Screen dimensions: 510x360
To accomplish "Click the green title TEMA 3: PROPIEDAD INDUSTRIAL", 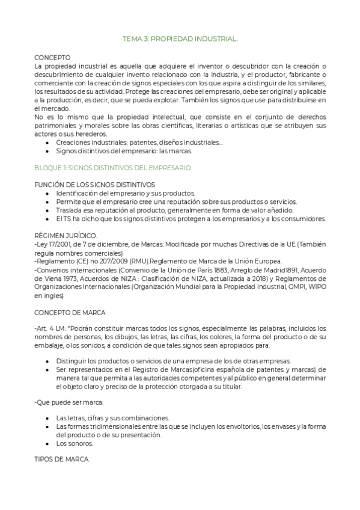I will tap(180, 38).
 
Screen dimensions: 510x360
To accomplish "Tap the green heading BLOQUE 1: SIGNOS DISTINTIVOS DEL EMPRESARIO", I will tap(113, 168).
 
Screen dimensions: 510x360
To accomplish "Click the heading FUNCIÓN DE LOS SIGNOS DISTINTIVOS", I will tap(94, 185).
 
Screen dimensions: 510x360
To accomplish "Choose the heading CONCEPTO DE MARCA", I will tap(70, 312).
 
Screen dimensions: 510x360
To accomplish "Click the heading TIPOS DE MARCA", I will tap(62, 459).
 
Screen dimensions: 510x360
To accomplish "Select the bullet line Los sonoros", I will tap(75, 443).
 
